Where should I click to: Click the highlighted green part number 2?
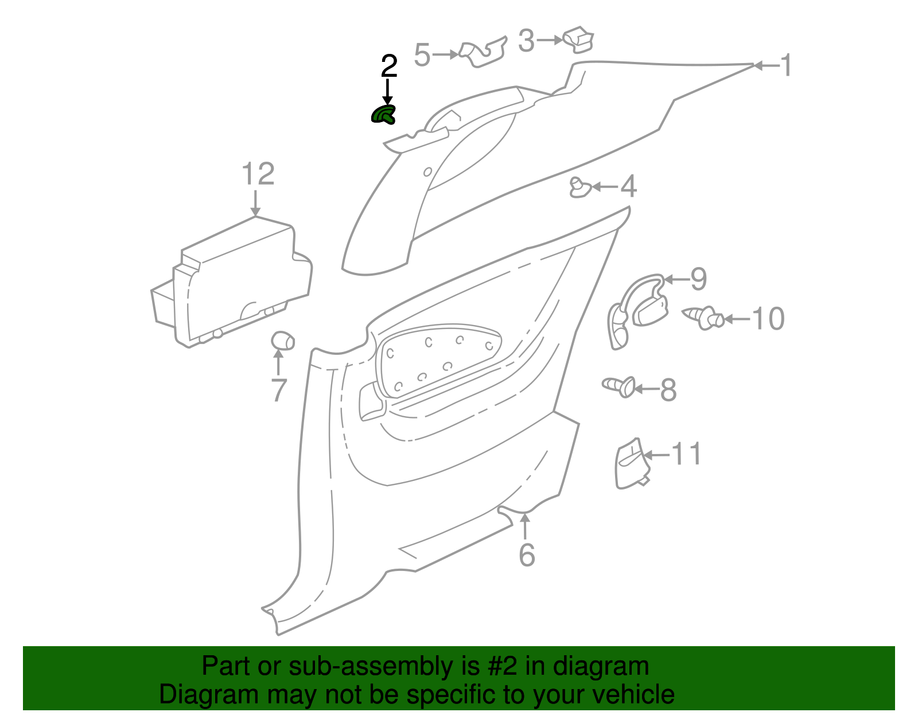pos(383,115)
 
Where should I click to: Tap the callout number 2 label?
pos(388,66)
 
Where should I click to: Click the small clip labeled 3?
pos(579,38)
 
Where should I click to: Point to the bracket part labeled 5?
pos(484,53)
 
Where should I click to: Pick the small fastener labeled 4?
pos(579,187)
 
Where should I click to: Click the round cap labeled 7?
pos(282,341)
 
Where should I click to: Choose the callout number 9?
pos(698,279)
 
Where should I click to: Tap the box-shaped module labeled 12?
pos(235,281)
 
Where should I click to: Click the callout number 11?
pos(686,454)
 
